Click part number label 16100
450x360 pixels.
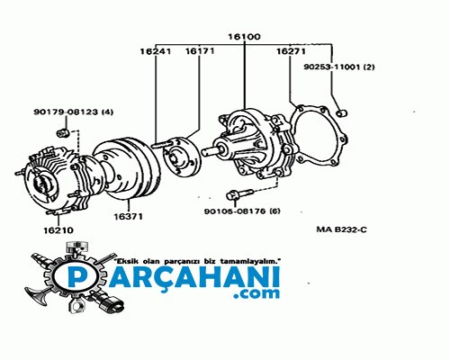(x=244, y=37)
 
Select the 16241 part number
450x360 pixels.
(x=156, y=51)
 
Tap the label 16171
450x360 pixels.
(x=200, y=51)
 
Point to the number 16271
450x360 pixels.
(x=291, y=51)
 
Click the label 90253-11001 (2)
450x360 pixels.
(x=339, y=67)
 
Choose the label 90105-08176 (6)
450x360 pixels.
(x=242, y=211)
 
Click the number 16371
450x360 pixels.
(x=128, y=216)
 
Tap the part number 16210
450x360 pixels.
(x=58, y=230)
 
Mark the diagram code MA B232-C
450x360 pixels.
(x=341, y=229)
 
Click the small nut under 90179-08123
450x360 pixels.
(x=63, y=132)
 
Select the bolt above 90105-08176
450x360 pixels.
(x=239, y=193)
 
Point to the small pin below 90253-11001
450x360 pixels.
(x=341, y=113)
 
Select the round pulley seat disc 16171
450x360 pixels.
(x=182, y=157)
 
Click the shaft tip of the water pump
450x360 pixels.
(x=204, y=152)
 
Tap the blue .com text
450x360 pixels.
(x=256, y=293)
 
